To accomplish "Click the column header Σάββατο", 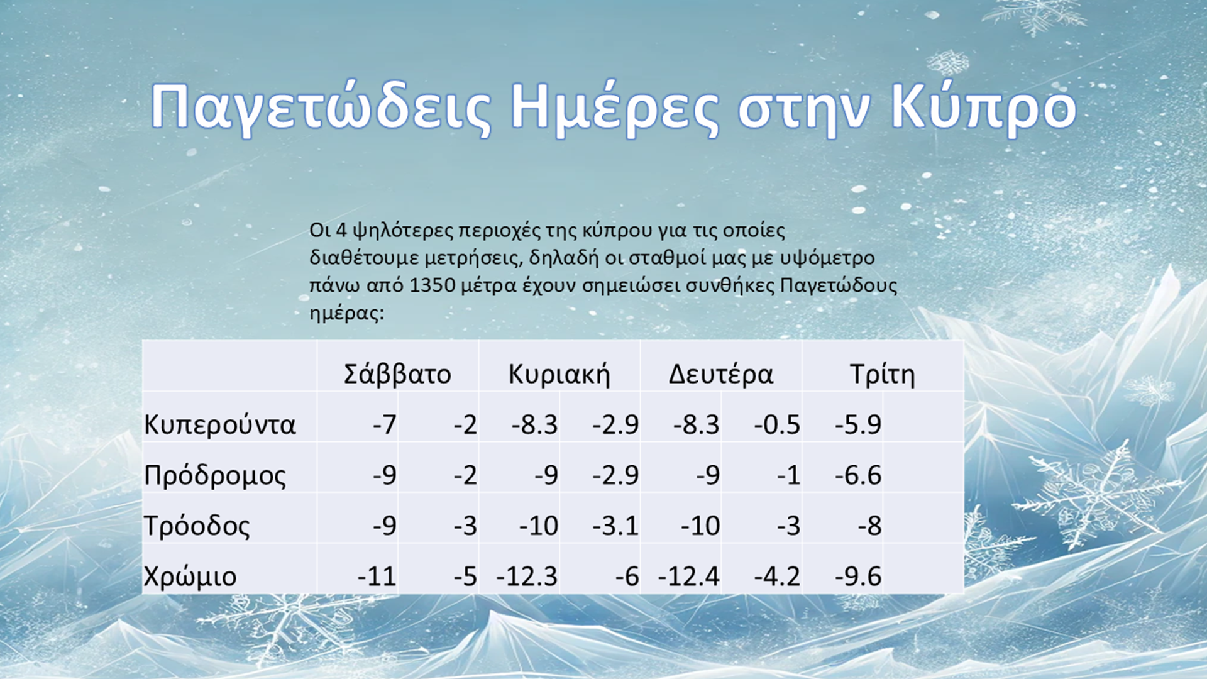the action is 397,374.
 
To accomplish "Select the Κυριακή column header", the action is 559,375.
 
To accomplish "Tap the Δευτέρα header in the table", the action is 720,375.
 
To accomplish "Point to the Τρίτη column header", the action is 882,375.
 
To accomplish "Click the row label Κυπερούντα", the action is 219,425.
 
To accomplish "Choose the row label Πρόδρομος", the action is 215,476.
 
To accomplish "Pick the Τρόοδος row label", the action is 197,526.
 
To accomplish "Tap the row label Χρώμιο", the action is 190,577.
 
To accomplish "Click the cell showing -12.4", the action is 688,577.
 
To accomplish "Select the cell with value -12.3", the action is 527,577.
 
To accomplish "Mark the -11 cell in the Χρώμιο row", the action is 377,577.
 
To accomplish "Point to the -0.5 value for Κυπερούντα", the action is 777,425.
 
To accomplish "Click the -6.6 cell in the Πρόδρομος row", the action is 858,475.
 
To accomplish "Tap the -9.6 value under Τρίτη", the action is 858,577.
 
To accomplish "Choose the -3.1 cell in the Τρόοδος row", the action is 615,526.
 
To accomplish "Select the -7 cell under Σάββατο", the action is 384,425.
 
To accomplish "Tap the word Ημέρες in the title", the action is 615,107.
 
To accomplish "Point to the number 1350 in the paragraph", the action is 432,285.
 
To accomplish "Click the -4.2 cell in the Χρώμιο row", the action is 777,577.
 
